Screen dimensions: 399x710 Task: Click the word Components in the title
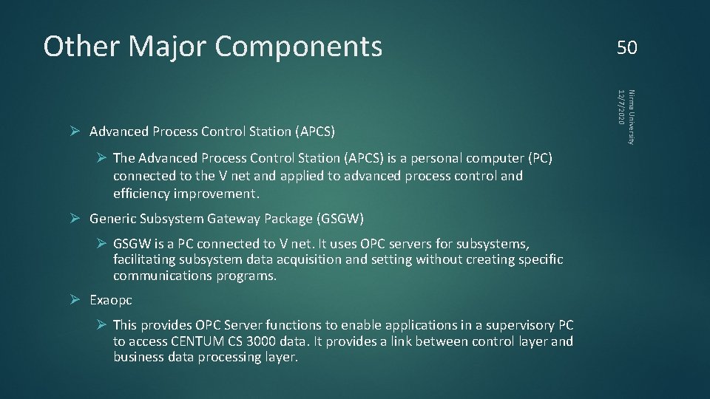pos(299,47)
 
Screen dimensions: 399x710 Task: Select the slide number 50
pos(626,48)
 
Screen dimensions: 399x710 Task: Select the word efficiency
pos(141,194)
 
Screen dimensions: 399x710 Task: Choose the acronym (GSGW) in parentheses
pos(339,219)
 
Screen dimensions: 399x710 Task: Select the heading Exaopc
pos(111,300)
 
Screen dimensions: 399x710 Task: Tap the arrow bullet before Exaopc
pos(75,300)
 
